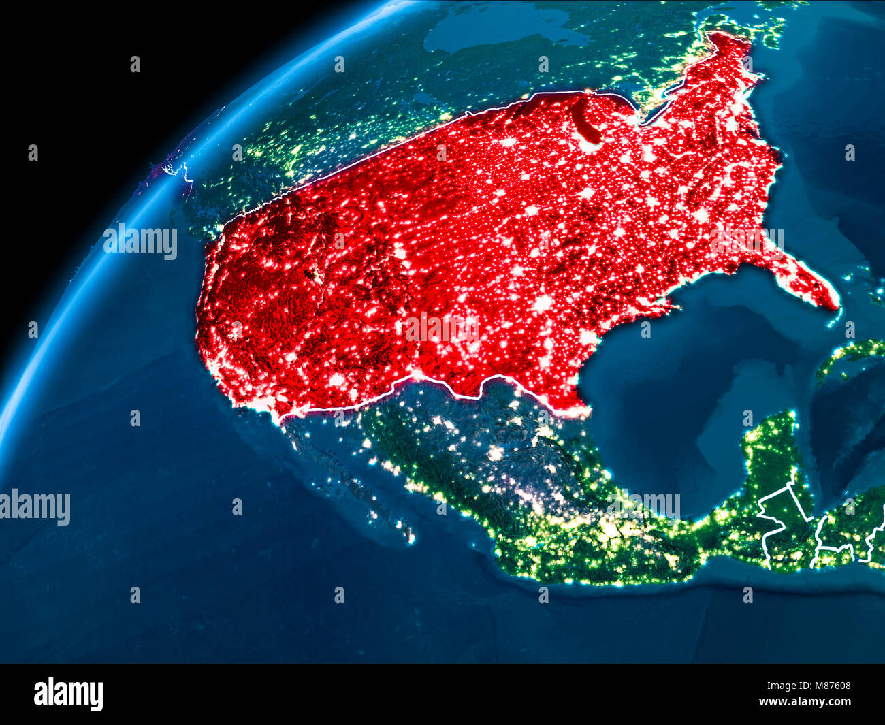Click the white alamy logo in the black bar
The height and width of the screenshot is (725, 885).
(68, 694)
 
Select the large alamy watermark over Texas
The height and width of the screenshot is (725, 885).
(442, 328)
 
